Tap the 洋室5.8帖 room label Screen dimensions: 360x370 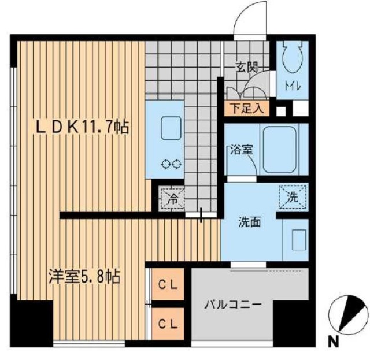point(83,277)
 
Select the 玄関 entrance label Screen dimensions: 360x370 point(246,68)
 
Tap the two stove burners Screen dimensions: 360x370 point(172,164)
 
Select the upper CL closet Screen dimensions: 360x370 point(168,285)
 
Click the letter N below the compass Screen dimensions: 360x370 point(334,342)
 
